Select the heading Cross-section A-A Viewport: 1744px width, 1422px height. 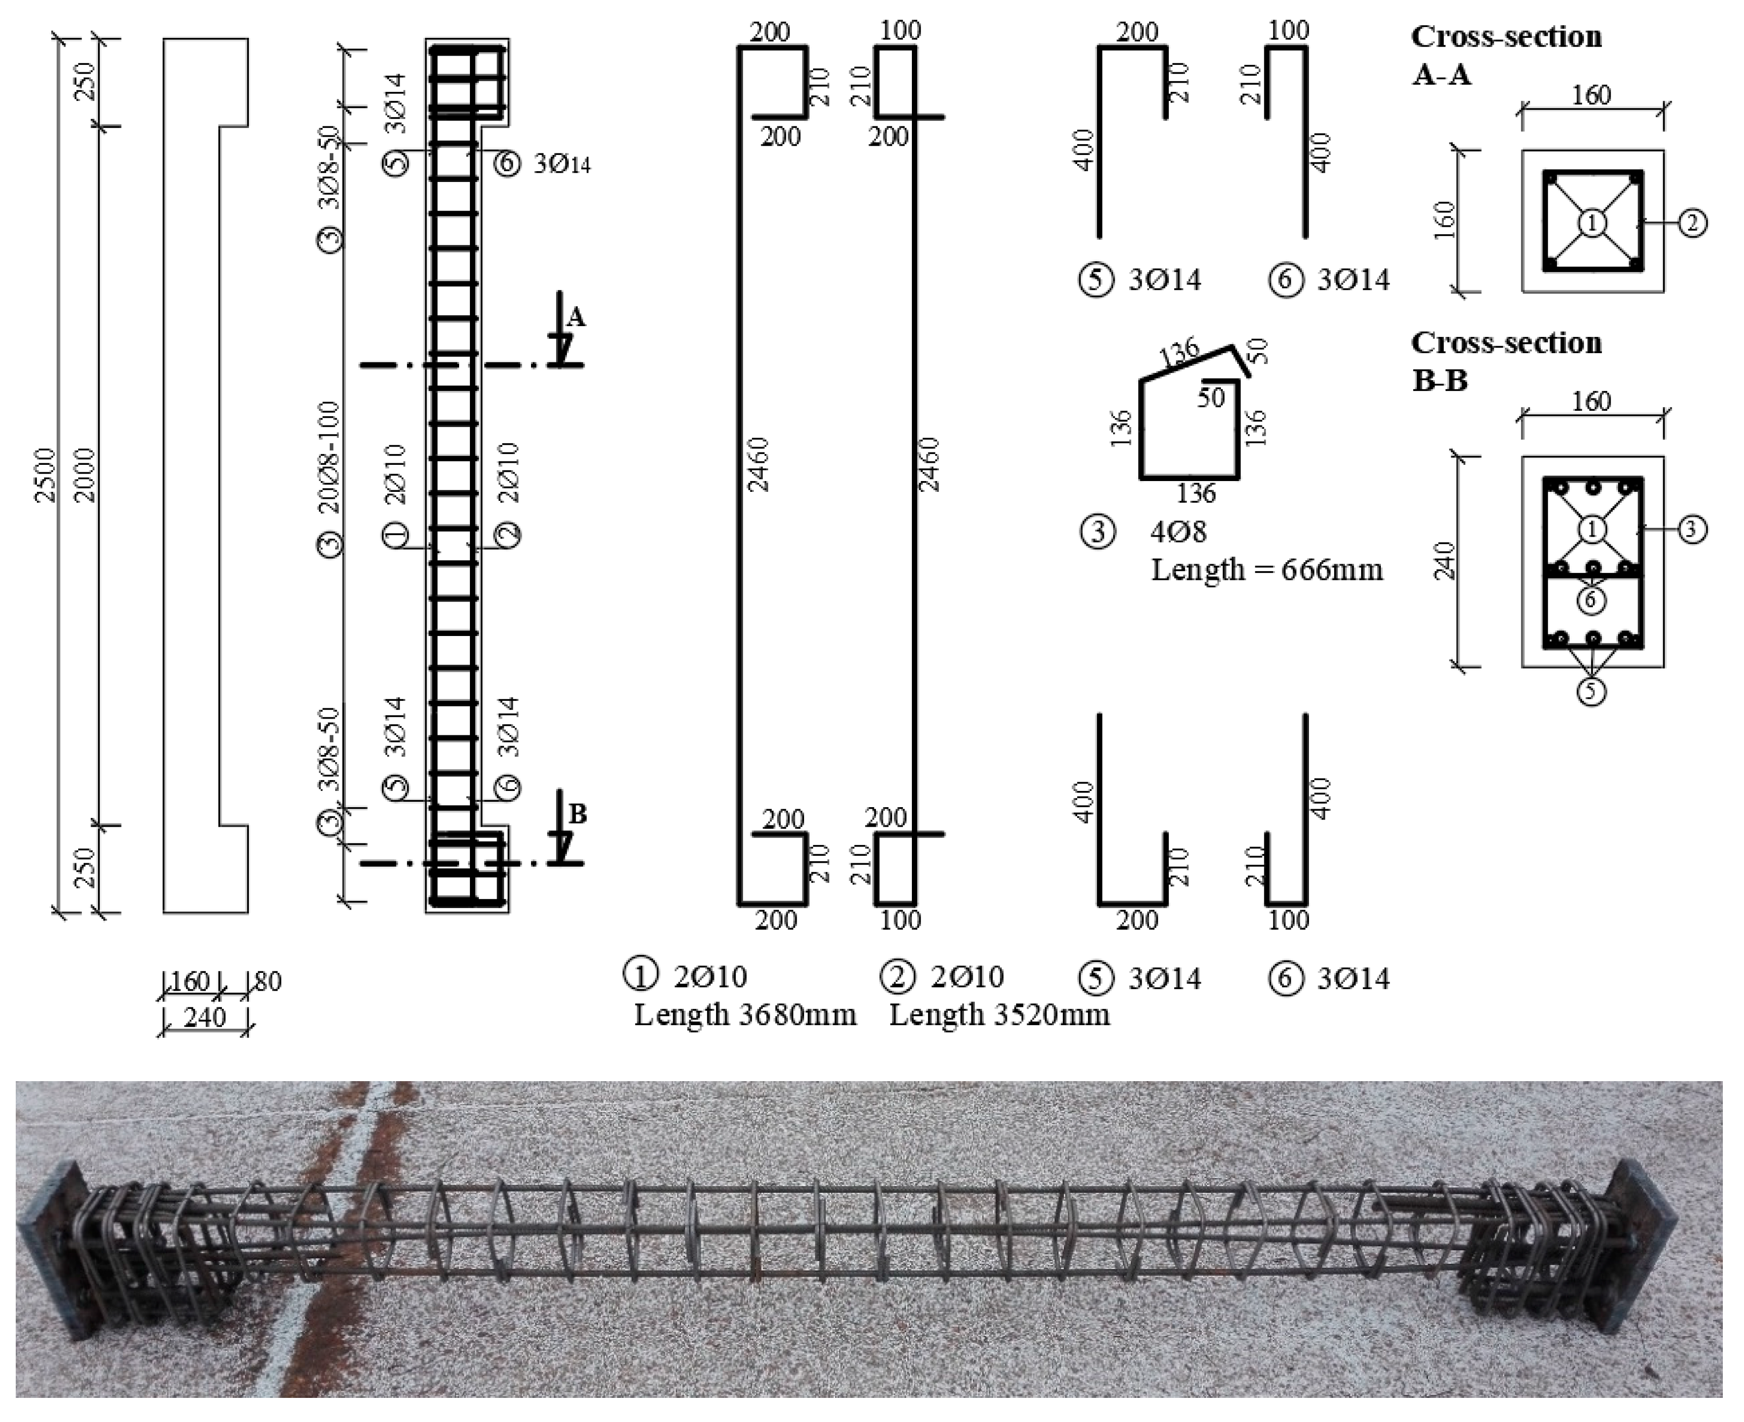[1506, 55]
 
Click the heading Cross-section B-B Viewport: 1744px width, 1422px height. [1506, 361]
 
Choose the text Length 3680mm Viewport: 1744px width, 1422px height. [744, 1015]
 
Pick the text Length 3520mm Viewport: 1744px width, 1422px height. [999, 1015]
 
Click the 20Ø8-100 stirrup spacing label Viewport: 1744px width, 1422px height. [329, 457]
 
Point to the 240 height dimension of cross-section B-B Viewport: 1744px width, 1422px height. [1446, 561]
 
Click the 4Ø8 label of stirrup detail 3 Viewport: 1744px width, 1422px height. [1178, 532]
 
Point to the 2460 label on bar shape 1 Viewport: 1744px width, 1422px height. [760, 464]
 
